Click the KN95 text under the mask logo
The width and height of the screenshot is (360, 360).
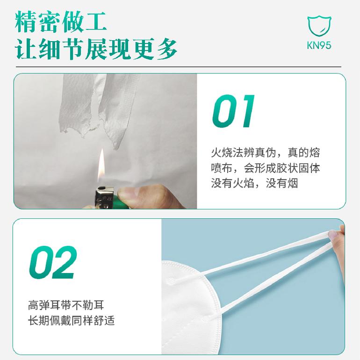point(319,45)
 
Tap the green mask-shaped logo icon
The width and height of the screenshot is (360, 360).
point(319,26)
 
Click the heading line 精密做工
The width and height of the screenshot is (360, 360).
point(61,22)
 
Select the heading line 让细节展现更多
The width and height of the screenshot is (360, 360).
point(96,49)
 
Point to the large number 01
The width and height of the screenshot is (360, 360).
point(233,111)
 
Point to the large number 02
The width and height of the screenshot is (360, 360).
point(53,262)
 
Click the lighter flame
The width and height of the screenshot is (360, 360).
point(101,166)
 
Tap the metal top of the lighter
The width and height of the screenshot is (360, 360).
point(104,197)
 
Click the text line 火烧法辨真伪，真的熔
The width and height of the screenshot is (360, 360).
point(266,153)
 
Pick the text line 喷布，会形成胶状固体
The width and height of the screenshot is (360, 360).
point(266,168)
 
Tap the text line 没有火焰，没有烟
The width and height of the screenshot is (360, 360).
point(254,183)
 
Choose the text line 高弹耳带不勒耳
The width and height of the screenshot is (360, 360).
point(66,305)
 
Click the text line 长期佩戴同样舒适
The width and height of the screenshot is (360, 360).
point(72,321)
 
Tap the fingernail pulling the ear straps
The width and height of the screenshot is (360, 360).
point(333,234)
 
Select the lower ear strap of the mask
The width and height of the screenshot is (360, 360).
point(275,278)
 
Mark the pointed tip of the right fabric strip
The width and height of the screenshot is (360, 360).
point(116,149)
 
